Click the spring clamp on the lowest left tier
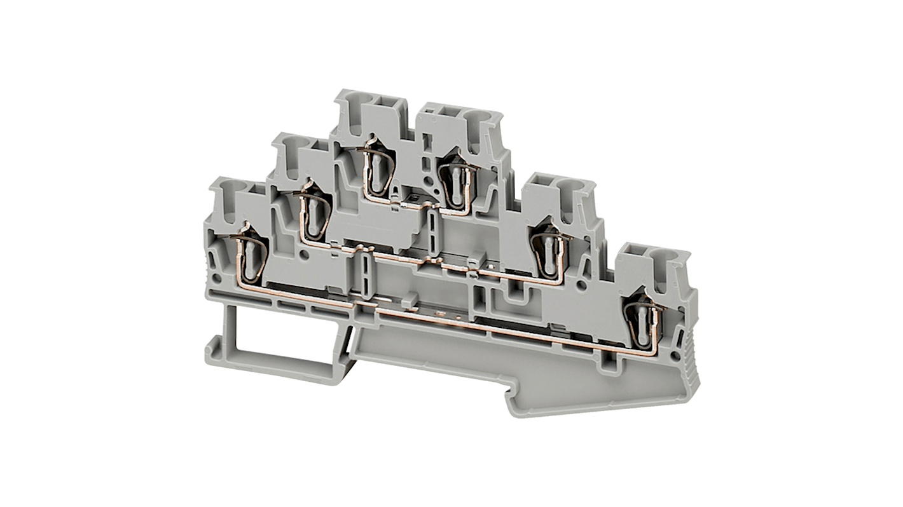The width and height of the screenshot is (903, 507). (x=250, y=252)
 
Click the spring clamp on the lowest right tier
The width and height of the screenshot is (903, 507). (x=643, y=321)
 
